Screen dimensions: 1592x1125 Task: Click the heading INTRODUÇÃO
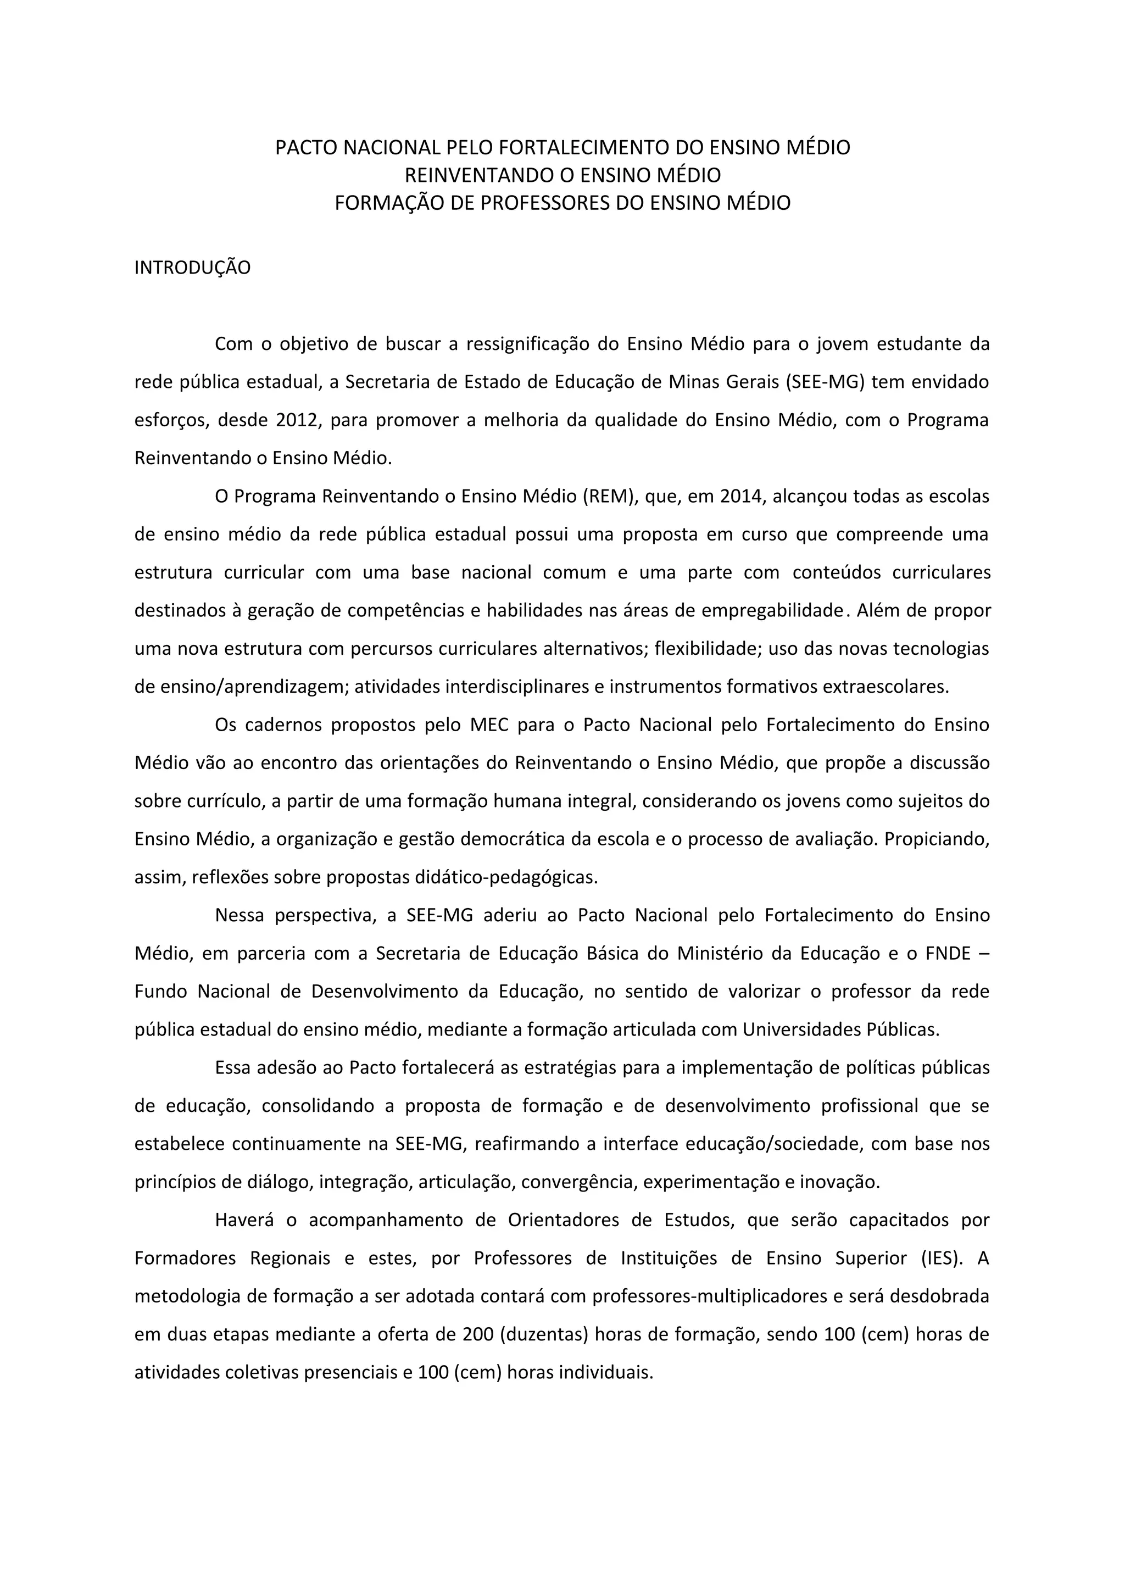192,268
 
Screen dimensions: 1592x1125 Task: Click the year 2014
741,497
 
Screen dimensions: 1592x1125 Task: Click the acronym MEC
489,725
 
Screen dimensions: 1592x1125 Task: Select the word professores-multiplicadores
710,1296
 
